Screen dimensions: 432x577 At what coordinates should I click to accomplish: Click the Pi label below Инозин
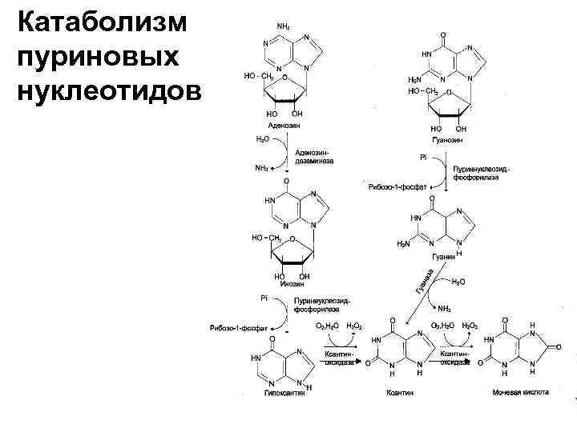coord(263,298)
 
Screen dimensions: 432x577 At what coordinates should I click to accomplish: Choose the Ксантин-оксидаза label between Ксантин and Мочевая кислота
coord(454,357)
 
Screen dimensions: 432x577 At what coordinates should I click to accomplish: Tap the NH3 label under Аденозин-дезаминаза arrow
coord(262,169)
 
